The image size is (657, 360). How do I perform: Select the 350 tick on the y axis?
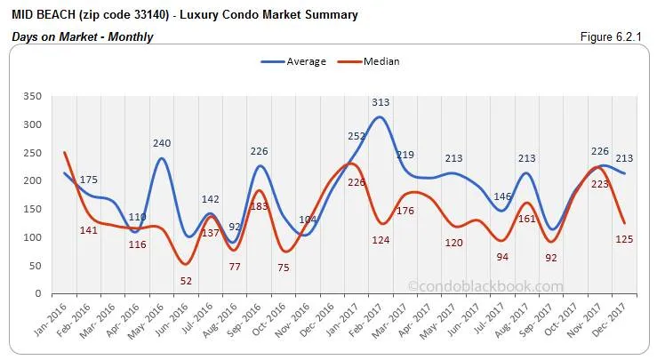click(x=33, y=96)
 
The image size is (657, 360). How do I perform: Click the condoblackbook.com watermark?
click(x=485, y=286)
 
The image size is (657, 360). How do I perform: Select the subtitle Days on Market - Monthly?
click(x=82, y=36)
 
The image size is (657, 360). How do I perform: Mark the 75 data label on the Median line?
click(x=284, y=268)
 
